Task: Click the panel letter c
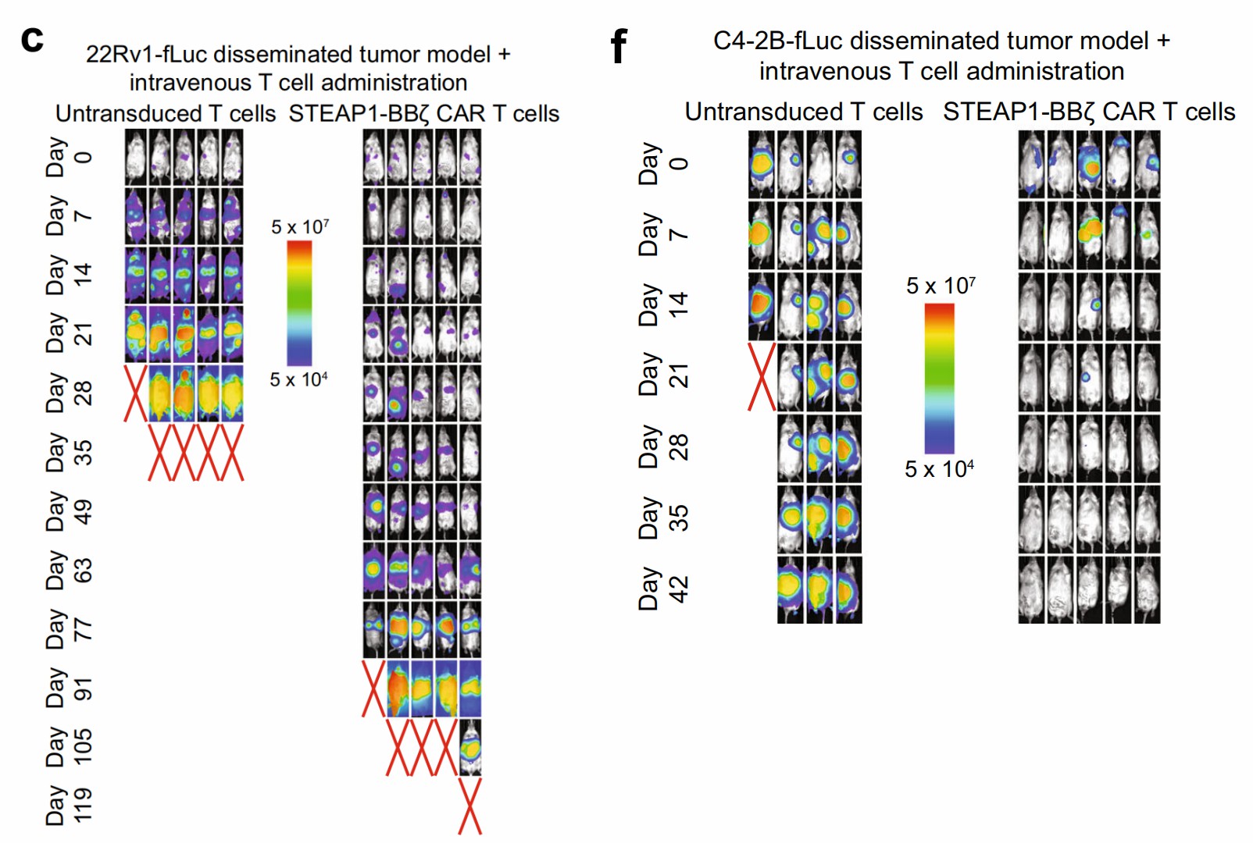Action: coord(32,39)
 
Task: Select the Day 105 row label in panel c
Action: coord(69,747)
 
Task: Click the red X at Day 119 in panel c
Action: coord(469,806)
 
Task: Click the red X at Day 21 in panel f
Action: coord(762,377)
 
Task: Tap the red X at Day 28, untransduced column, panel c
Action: coord(136,393)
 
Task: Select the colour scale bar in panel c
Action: coord(299,303)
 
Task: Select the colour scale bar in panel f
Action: coord(939,378)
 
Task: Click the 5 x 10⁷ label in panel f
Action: coord(940,286)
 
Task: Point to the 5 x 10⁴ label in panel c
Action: coord(298,380)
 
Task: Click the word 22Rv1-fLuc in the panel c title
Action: coord(146,55)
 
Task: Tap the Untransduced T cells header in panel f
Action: coord(803,112)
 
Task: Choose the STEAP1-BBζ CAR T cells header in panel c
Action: coord(423,114)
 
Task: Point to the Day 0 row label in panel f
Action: coord(664,164)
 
